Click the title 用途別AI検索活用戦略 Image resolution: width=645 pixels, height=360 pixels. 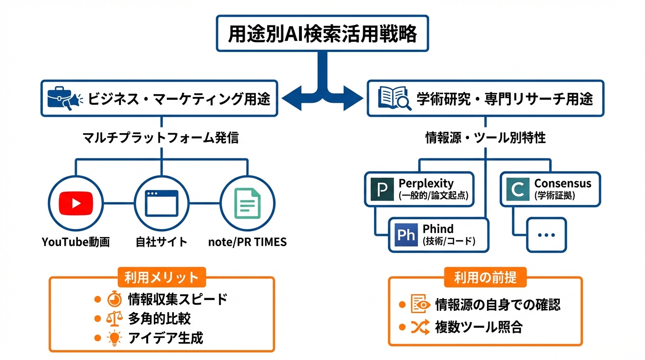point(322,33)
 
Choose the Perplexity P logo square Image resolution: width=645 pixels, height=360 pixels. point(382,189)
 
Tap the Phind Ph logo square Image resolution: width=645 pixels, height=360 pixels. point(405,235)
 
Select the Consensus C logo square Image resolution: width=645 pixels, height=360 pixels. point(517,189)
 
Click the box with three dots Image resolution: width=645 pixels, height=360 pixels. point(546,235)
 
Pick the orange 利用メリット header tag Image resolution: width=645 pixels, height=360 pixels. point(161,277)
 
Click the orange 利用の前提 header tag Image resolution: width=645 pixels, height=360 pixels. point(485,277)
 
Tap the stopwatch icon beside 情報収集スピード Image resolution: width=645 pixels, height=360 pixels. point(114,299)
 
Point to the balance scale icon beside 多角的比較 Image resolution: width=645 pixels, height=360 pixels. point(114,318)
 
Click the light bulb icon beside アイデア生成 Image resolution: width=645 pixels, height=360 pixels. point(114,338)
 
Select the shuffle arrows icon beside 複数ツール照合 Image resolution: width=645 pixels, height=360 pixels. point(420,327)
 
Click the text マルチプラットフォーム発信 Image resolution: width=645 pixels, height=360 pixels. point(161,137)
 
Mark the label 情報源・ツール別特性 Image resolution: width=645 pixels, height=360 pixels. point(485,137)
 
